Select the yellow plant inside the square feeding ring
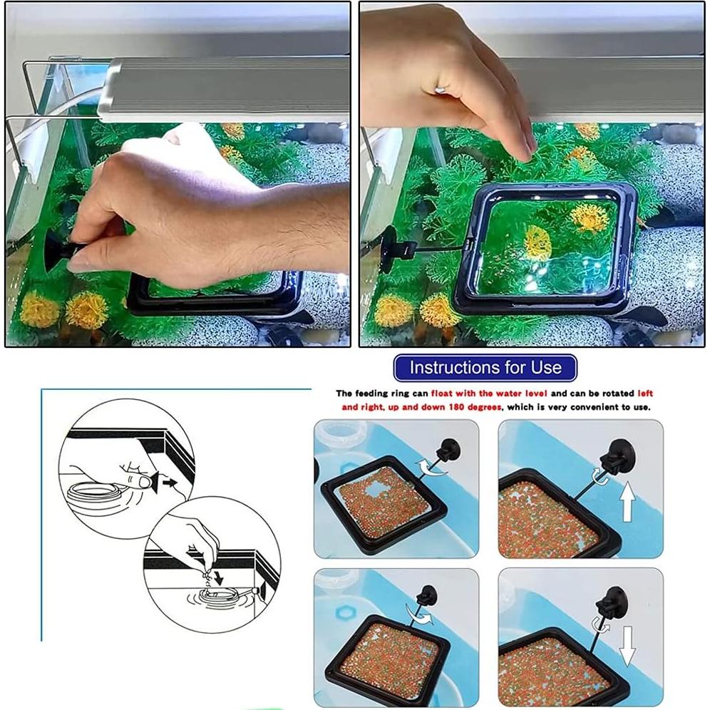coord(537,242)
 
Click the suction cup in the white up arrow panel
coord(614,453)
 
